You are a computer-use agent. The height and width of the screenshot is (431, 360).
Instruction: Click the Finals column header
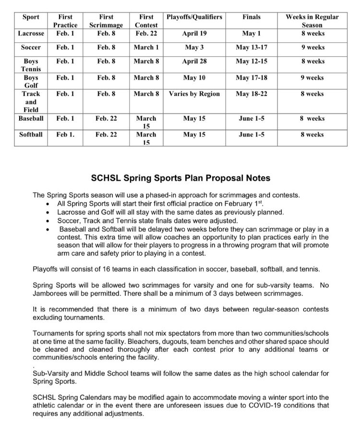(252, 17)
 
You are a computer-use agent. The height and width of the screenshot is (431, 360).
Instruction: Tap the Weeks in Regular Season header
(312, 21)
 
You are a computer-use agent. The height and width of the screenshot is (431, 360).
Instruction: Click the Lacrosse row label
(30, 34)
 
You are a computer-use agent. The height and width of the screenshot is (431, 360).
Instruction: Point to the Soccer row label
(30, 48)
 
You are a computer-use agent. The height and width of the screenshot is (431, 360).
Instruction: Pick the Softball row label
(30, 135)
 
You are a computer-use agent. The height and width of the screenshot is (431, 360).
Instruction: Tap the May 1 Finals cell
(252, 34)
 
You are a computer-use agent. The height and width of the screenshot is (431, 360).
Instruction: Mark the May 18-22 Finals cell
(252, 94)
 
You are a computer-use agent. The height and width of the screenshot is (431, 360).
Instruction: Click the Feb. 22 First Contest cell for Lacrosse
(145, 34)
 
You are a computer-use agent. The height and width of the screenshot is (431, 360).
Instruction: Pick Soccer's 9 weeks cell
(312, 48)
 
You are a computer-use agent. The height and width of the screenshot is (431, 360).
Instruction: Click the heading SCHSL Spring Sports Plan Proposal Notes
(180, 178)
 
